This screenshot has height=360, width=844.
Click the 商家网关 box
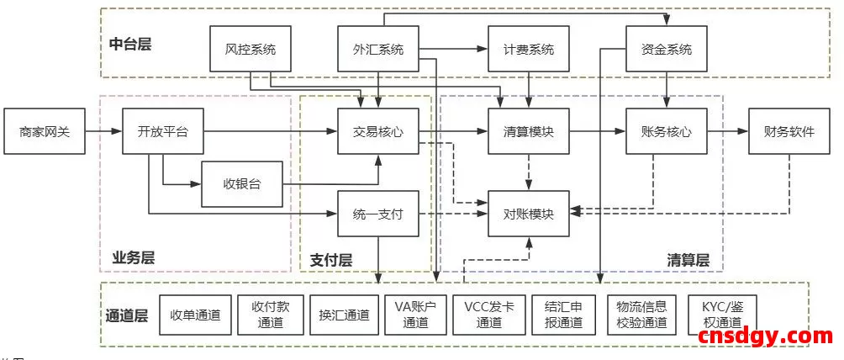(x=45, y=131)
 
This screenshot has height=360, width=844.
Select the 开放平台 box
(x=162, y=131)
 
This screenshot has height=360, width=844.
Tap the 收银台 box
(x=241, y=183)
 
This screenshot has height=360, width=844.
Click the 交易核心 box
(x=377, y=131)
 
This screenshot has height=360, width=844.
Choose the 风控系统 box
(x=250, y=50)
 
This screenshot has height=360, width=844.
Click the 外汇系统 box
(x=377, y=50)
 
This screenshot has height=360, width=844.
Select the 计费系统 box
(x=529, y=50)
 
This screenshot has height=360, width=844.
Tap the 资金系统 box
(x=667, y=50)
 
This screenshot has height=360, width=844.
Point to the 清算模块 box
(x=529, y=131)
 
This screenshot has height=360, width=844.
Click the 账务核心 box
(x=667, y=131)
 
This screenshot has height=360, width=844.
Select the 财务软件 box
(x=789, y=131)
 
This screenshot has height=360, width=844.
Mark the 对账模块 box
(x=529, y=214)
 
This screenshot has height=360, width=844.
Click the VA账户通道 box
(x=414, y=315)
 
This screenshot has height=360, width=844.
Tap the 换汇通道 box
(x=343, y=315)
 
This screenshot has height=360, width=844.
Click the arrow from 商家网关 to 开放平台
(x=104, y=131)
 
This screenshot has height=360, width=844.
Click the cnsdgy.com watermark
(x=765, y=336)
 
